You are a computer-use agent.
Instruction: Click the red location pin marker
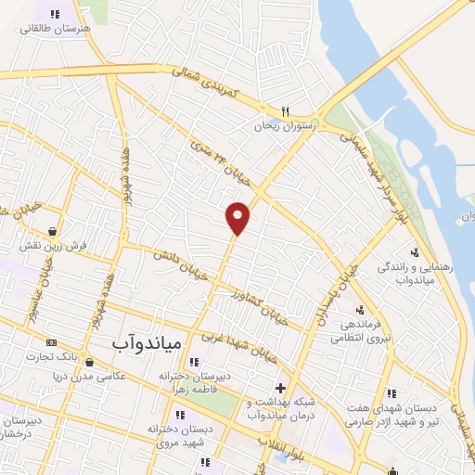[238, 217]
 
